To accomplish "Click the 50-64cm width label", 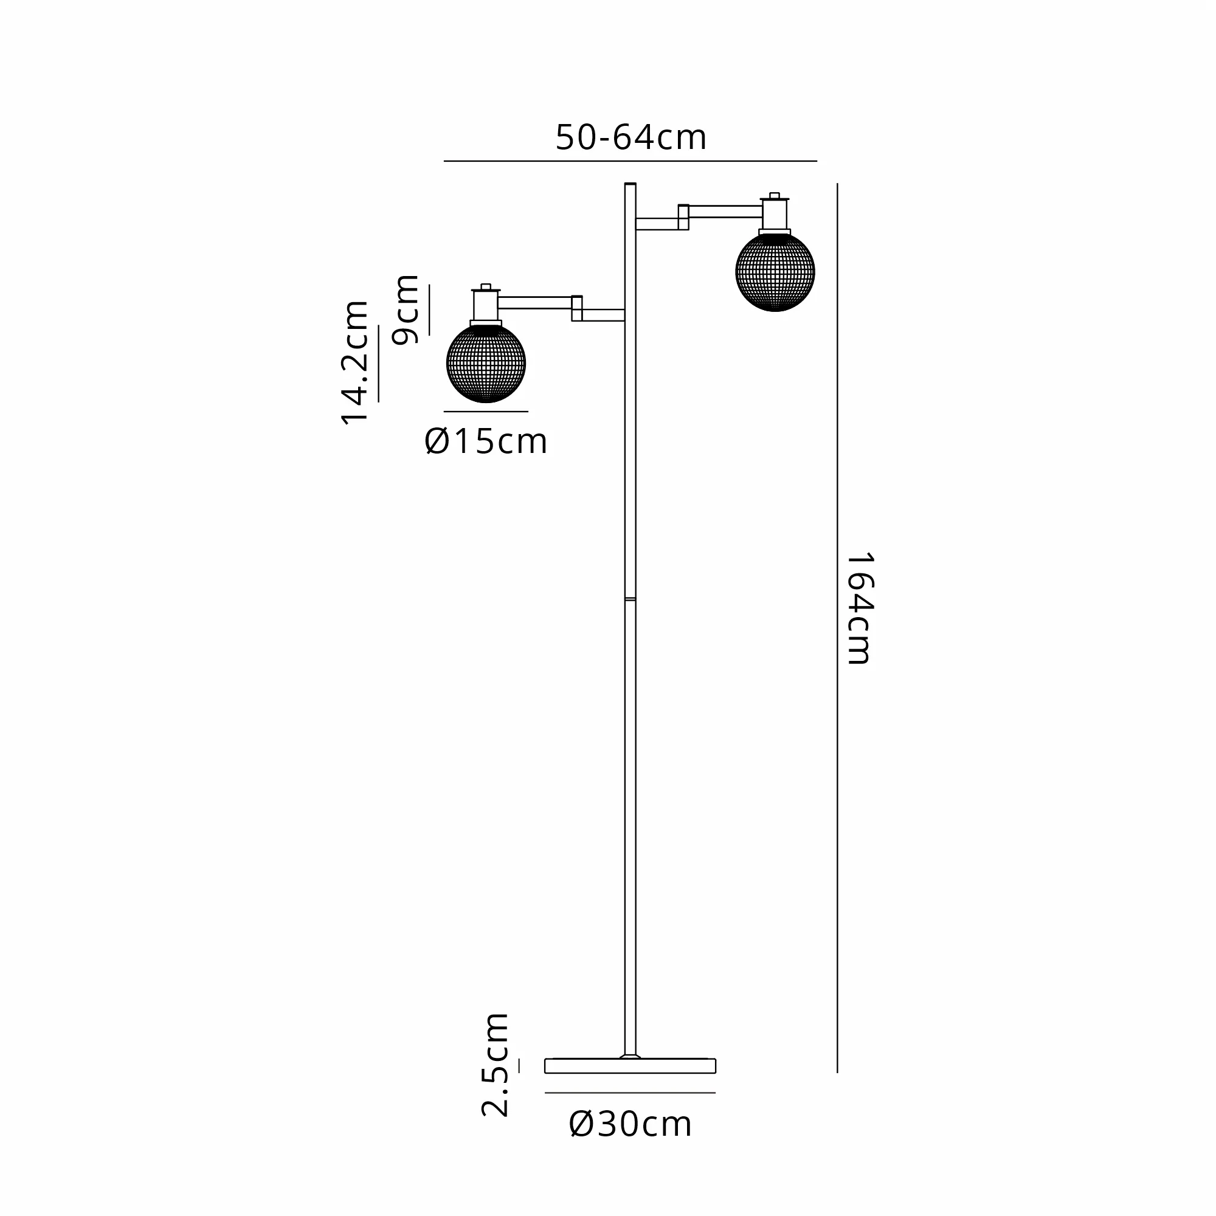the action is click(630, 137).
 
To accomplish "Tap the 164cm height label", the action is click(859, 608).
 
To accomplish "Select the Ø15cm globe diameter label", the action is click(486, 441).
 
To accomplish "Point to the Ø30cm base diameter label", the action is click(630, 1124).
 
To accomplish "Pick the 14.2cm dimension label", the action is click(354, 363).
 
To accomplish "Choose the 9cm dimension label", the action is click(405, 309).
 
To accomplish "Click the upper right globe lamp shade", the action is click(775, 272).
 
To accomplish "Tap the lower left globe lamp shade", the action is click(486, 363).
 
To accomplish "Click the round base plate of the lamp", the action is click(630, 1066).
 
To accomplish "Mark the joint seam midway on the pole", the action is click(630, 598).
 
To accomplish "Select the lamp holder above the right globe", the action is click(775, 214).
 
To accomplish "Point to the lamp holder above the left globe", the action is click(486, 305).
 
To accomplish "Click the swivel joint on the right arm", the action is click(683, 217).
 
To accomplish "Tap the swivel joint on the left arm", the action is click(577, 308).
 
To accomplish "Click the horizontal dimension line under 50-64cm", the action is click(630, 161).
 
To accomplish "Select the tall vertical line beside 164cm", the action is click(837, 628).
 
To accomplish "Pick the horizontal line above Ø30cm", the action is click(630, 1093).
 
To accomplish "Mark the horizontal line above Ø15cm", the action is click(486, 412).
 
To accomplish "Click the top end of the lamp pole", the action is click(630, 184).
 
